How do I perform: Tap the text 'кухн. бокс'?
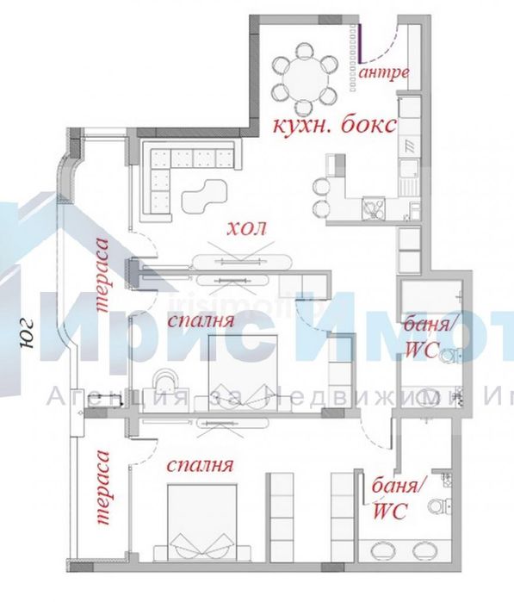(x=334, y=124)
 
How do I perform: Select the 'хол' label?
(x=247, y=229)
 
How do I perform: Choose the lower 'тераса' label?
(x=104, y=487)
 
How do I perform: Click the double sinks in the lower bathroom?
(x=403, y=549)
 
